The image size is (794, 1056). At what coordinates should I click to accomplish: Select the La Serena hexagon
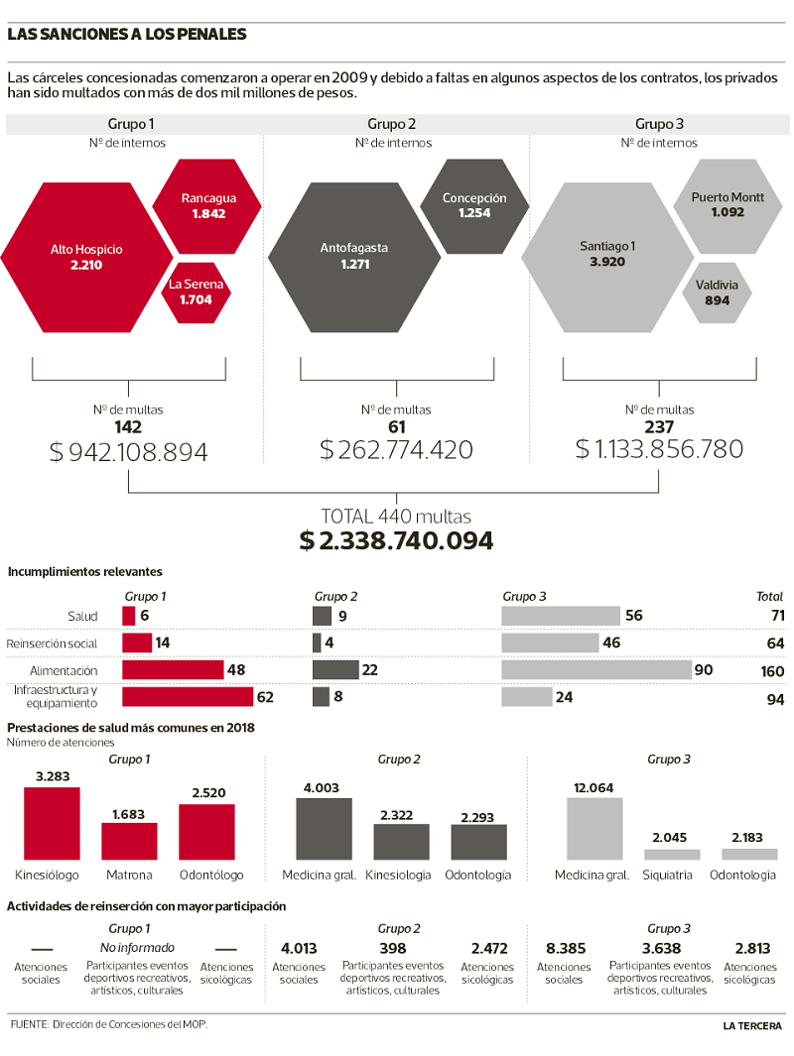196,292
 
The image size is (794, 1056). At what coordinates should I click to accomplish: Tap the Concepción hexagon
473,205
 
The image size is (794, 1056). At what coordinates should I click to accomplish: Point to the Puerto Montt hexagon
728,204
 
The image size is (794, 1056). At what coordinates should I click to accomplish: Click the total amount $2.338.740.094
396,540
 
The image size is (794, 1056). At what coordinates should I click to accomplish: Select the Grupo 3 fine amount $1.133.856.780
659,449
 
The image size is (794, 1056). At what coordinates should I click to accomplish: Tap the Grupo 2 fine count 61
396,427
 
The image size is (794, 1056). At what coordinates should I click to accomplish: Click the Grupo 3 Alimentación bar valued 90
595,670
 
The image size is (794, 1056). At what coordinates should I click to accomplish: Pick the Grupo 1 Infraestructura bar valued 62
188,697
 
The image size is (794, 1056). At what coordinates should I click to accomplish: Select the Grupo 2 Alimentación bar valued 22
335,670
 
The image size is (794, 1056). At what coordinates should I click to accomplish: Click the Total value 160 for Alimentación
770,670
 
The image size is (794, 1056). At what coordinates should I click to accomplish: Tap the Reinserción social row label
53,644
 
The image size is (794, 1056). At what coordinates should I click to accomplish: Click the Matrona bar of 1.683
129,841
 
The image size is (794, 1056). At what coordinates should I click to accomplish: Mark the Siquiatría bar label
671,875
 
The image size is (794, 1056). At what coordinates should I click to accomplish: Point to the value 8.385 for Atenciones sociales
563,948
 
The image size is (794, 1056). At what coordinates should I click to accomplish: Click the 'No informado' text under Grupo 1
129,948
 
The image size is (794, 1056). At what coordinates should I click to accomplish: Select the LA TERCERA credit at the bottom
752,1025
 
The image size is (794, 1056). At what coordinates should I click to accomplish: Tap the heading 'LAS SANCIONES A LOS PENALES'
127,35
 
